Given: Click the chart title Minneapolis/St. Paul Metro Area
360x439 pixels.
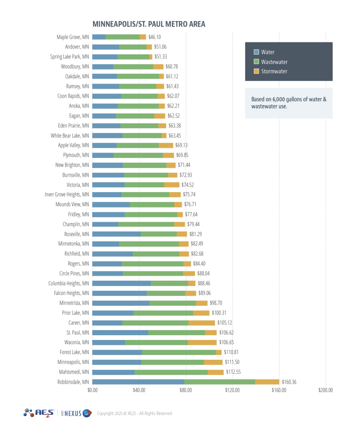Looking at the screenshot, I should click(149, 24).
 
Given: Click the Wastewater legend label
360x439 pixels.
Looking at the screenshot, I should click(274, 62).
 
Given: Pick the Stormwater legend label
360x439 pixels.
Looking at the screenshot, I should click(274, 71).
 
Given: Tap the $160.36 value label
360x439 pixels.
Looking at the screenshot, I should click(289, 382).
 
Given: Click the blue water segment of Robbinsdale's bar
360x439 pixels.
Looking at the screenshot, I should click(138, 382).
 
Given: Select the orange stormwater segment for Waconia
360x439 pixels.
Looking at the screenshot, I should click(202, 343).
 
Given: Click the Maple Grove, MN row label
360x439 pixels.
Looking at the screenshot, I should click(73, 37).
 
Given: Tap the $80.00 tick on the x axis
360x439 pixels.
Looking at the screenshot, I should click(186, 391).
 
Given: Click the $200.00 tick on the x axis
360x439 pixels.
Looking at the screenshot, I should click(325, 391).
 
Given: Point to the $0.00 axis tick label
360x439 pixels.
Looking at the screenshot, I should click(93, 391).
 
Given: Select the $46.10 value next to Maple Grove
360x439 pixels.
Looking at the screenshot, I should click(155, 37).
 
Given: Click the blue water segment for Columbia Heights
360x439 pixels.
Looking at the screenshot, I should click(121, 283).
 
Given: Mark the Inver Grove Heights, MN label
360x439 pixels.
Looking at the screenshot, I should click(67, 195).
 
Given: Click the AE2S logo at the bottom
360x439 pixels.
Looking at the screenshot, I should click(39, 413).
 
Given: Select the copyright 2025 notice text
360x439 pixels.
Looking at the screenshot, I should click(134, 414).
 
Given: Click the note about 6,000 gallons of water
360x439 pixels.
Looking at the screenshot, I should click(288, 103).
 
